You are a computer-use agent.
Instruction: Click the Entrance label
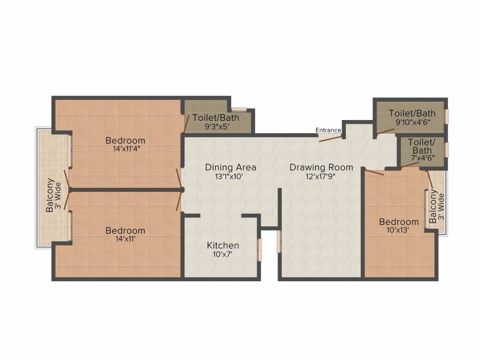[328, 130]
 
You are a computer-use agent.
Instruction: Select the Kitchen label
[223, 246]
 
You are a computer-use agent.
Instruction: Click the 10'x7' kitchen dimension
[223, 254]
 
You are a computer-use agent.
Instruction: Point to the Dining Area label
[231, 167]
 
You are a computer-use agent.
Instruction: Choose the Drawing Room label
[321, 167]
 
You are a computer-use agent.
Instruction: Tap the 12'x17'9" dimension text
[321, 176]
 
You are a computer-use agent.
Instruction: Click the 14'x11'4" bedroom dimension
[125, 149]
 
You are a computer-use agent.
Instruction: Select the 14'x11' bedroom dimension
[125, 239]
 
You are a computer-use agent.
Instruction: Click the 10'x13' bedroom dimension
[398, 230]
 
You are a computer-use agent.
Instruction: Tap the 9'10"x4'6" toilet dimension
[412, 122]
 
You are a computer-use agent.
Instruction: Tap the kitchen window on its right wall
[260, 250]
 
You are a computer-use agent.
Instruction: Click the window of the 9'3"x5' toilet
[240, 109]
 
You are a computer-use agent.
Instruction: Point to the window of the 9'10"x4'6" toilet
[447, 116]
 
